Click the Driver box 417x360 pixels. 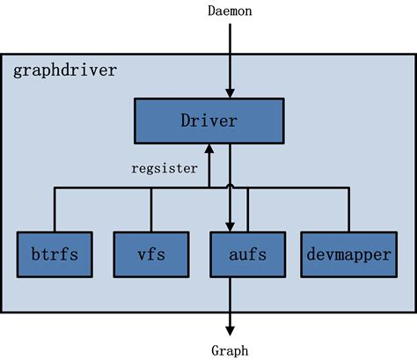tap(208, 121)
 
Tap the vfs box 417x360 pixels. tap(151, 256)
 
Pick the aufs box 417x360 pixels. tap(237, 256)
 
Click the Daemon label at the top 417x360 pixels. tap(230, 11)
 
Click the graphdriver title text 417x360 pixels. tap(65, 70)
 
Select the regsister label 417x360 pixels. tap(165, 167)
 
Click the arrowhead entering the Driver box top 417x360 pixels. tap(230, 92)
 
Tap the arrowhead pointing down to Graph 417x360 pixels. tap(230, 327)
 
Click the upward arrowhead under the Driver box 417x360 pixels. tap(209, 150)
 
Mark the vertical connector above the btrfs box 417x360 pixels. tap(55, 209)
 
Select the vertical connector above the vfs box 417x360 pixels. tap(151, 209)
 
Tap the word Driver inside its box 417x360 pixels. tap(208, 121)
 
